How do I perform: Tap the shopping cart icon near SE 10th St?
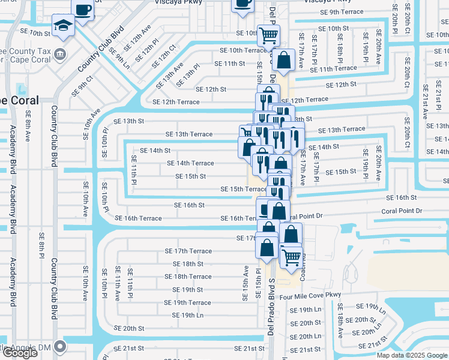click(x=268, y=35)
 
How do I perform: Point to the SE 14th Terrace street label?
click(x=190, y=163)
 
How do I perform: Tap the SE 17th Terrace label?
click(x=188, y=251)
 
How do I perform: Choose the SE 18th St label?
click(x=184, y=264)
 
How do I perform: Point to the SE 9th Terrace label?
click(x=342, y=12)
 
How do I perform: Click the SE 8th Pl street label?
click(x=41, y=251)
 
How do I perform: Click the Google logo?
click(x=19, y=353)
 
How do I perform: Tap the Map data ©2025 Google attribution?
click(x=412, y=355)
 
